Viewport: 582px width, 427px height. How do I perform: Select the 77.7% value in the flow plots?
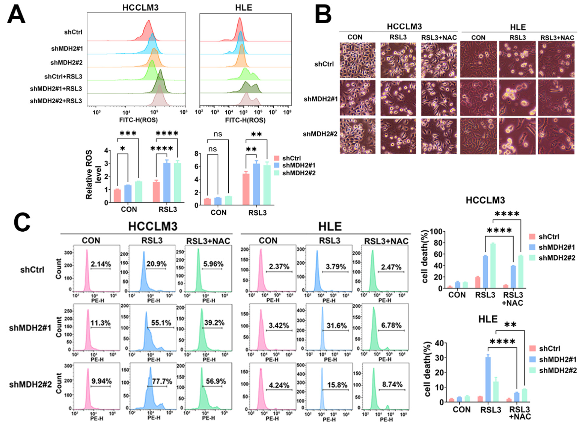coord(162,381)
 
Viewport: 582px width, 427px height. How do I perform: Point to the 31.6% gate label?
coord(336,325)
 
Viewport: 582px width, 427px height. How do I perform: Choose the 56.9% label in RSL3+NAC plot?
coord(216,381)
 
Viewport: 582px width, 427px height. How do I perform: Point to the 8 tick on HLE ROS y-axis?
coord(196,154)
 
